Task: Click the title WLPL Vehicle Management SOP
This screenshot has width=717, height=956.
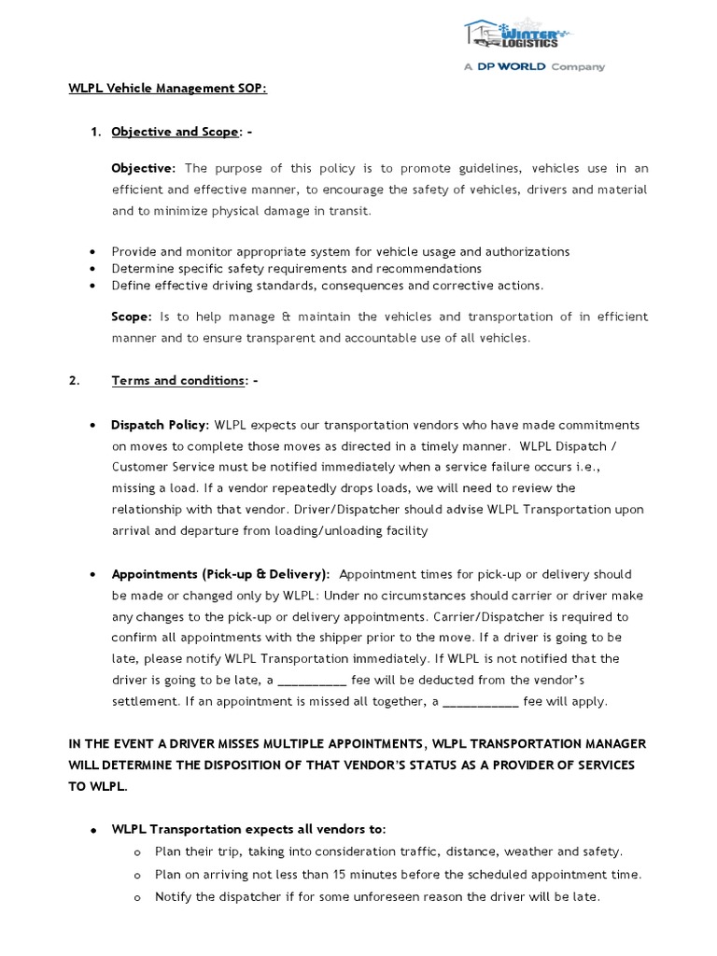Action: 167,88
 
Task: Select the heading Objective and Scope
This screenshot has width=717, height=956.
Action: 176,132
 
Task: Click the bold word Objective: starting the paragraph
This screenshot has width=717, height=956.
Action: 143,168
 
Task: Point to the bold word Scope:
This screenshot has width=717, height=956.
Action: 132,316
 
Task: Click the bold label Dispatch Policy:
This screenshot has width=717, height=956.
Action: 160,425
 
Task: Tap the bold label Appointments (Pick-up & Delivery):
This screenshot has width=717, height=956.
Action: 220,574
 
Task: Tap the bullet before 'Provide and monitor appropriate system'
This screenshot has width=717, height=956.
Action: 91,252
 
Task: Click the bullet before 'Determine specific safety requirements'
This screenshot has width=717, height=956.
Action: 91,269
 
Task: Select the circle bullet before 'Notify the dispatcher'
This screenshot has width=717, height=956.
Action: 137,897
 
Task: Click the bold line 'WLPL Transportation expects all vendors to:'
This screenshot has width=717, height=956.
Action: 248,829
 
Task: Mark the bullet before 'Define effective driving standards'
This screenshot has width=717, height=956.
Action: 91,286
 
